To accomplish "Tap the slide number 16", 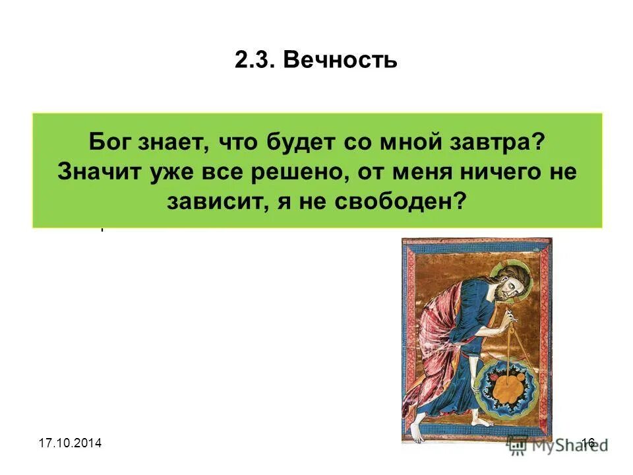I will [588, 443].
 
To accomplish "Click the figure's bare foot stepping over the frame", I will [416, 435].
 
